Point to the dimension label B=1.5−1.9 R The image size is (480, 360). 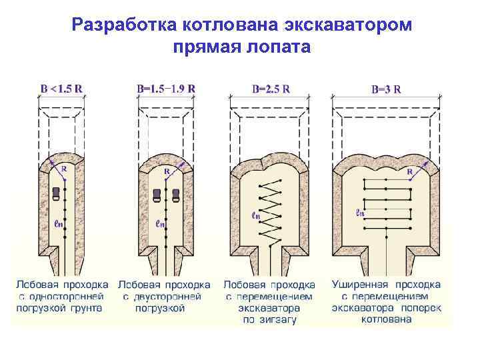(x=166, y=88)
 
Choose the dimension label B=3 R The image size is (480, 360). (x=385, y=89)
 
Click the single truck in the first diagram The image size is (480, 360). (x=55, y=194)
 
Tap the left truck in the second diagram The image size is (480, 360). (x=157, y=195)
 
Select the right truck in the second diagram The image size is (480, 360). (x=176, y=195)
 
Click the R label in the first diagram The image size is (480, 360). (x=64, y=169)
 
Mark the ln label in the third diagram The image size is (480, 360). (x=256, y=215)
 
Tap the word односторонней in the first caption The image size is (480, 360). (x=69, y=297)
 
